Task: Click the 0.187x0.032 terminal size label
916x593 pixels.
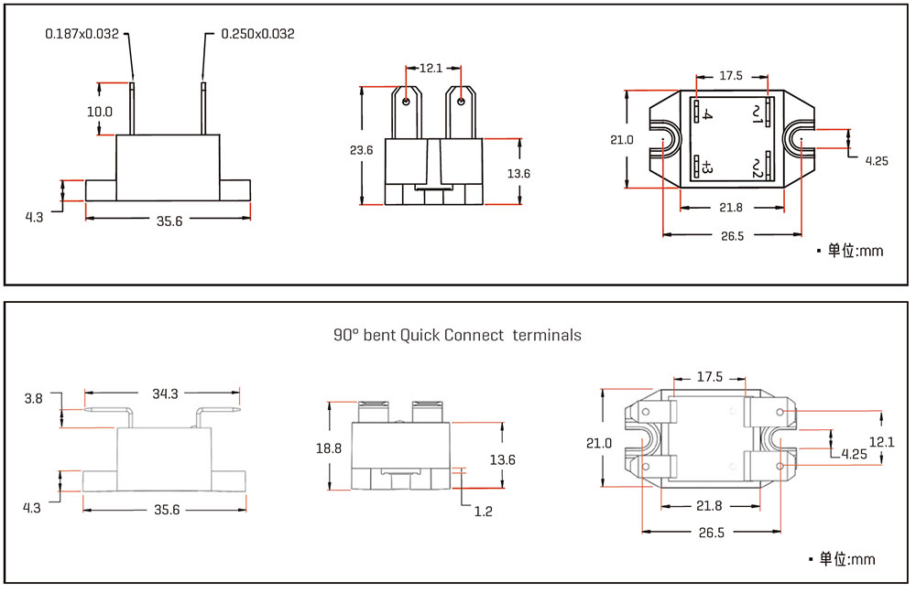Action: [x=82, y=34]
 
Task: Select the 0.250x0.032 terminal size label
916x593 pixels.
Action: [x=257, y=34]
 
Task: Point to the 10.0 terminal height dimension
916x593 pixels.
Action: [x=100, y=112]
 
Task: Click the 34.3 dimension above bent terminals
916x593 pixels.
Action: [x=165, y=394]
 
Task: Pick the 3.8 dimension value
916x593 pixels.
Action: [x=34, y=398]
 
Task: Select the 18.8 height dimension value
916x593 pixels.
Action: [x=329, y=448]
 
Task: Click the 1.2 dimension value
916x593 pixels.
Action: [x=483, y=512]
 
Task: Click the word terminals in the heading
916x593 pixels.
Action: [x=547, y=335]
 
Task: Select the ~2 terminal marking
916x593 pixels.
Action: [x=757, y=167]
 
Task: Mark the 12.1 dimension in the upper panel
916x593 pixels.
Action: [x=431, y=68]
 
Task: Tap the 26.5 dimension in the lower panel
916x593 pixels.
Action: [x=713, y=532]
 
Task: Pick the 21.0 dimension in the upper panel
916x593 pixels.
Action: [x=621, y=140]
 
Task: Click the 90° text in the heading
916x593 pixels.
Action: [x=346, y=335]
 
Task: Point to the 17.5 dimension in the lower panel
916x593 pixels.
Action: [x=710, y=377]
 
